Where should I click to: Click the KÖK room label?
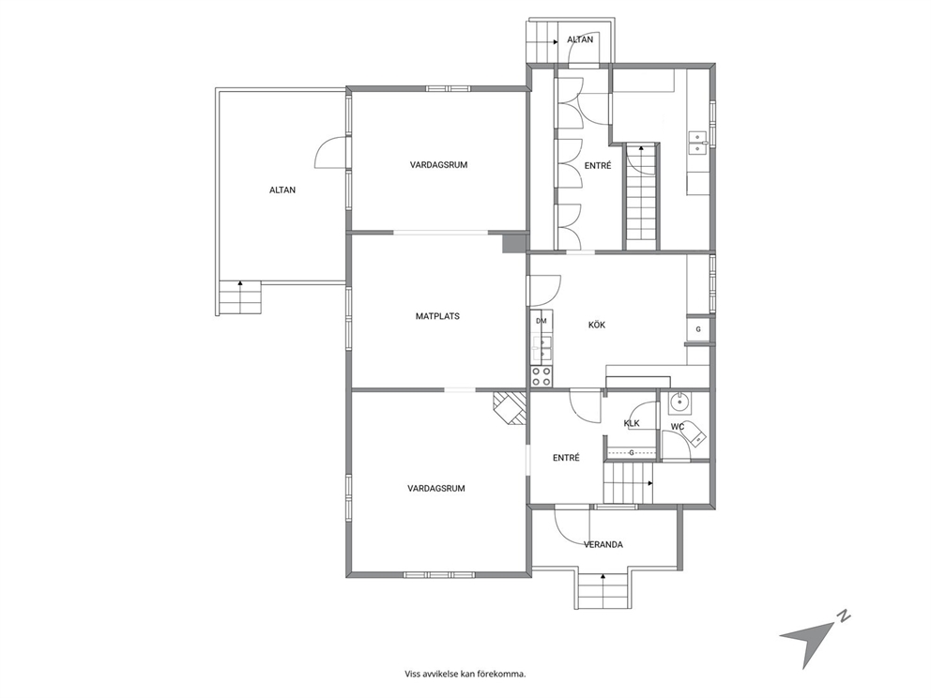[597, 325]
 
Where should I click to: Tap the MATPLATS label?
[437, 316]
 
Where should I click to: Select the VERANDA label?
[603, 544]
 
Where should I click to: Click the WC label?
[678, 427]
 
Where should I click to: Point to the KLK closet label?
[632, 423]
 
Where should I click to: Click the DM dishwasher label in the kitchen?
[541, 321]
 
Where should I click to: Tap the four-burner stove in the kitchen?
[542, 376]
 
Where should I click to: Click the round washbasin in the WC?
[678, 404]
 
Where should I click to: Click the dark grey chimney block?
[514, 243]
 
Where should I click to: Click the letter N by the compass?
[843, 616]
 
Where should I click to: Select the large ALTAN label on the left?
[282, 190]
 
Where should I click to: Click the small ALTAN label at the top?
[580, 39]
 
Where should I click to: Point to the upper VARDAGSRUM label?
[439, 165]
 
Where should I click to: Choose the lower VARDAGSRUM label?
[436, 489]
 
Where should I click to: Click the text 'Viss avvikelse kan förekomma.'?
[465, 674]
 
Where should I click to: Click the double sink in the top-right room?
[696, 143]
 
